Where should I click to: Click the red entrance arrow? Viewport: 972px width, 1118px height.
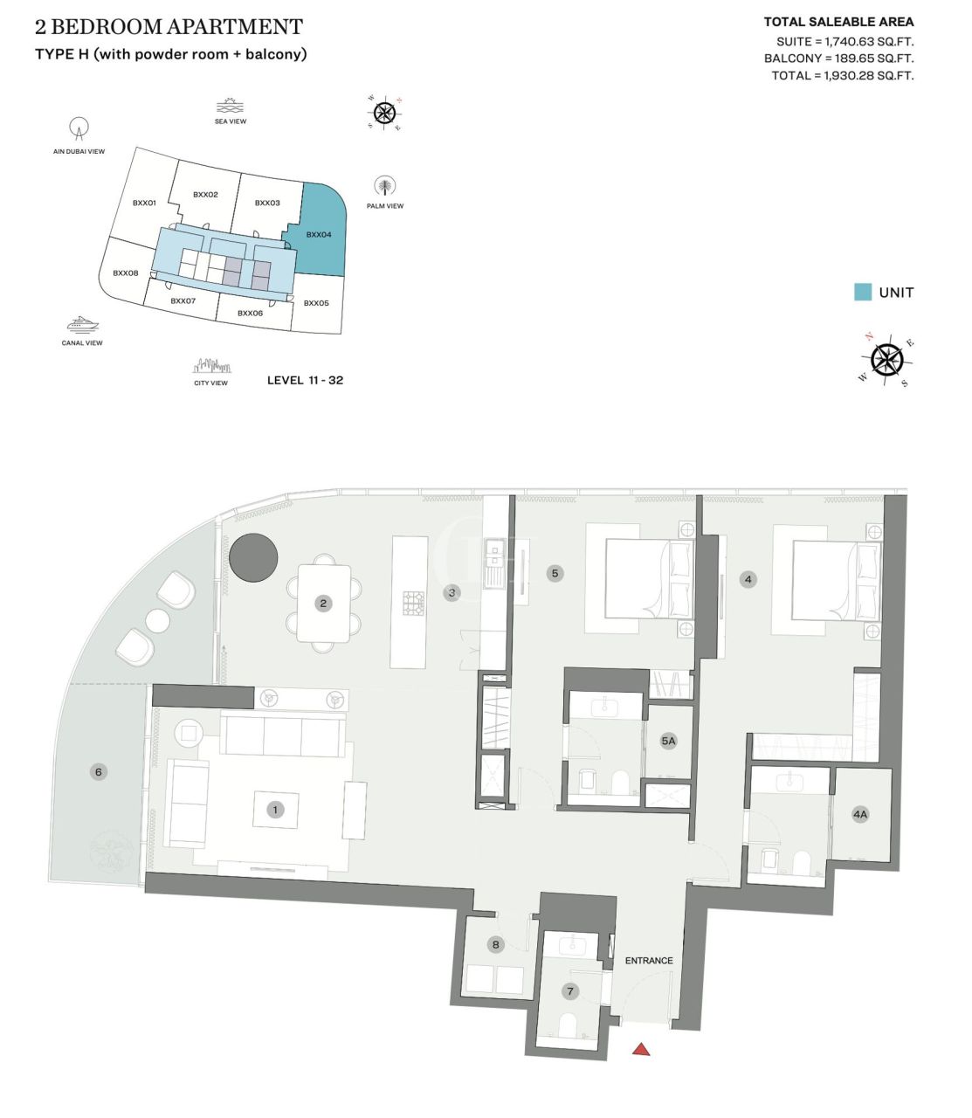tap(641, 1049)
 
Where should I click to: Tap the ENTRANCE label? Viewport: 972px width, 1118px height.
tap(649, 961)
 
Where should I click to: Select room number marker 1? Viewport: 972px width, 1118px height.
tap(275, 810)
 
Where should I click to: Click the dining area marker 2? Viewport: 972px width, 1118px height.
tap(323, 603)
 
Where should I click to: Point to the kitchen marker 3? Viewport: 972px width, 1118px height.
tap(452, 592)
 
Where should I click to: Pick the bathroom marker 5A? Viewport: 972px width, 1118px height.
tap(668, 741)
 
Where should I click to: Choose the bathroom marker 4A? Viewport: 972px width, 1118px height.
tap(860, 814)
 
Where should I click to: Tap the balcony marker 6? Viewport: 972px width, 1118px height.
tap(98, 771)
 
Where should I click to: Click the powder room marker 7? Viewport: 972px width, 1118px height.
tap(570, 991)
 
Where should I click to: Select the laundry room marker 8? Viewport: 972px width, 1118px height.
tap(496, 944)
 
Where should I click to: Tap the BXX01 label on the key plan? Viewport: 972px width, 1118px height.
tap(144, 203)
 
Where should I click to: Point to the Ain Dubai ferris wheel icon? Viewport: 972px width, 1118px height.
tap(79, 129)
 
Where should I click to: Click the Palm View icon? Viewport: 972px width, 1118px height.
tap(384, 186)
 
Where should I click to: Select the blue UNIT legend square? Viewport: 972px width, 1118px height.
tap(863, 293)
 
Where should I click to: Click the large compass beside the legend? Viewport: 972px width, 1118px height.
tap(887, 359)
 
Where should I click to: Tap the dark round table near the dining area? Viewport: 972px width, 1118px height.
tap(253, 556)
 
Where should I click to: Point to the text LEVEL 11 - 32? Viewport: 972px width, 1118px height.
tap(305, 380)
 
